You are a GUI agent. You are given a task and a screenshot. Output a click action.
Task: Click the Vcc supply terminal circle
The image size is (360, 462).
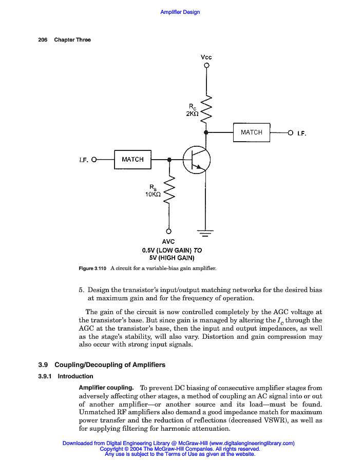tap(206, 66)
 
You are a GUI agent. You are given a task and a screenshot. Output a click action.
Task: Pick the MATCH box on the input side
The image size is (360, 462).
tap(132, 160)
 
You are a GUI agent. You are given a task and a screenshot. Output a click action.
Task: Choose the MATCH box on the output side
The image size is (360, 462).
tap(252, 132)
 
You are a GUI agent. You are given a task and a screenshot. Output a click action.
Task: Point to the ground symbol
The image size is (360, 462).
tap(206, 234)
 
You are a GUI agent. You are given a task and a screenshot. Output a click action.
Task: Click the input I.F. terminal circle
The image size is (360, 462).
tap(94, 160)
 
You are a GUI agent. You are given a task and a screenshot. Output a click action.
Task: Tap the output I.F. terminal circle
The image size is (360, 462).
tap(290, 133)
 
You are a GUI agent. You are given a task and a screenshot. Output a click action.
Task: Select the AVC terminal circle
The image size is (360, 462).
tap(169, 232)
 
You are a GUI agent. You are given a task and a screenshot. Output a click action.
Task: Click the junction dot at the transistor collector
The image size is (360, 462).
tap(206, 132)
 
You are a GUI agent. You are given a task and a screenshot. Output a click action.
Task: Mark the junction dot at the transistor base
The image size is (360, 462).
tap(169, 160)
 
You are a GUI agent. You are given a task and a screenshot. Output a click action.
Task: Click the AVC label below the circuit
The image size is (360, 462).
tap(168, 242)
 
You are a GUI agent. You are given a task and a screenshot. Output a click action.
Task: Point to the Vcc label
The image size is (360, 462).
tap(206, 57)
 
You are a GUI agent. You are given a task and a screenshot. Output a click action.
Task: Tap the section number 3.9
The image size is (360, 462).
tap(43, 365)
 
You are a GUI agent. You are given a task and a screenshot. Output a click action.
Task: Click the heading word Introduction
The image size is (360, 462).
tap(75, 376)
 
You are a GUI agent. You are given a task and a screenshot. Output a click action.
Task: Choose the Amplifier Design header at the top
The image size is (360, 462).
tap(180, 12)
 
